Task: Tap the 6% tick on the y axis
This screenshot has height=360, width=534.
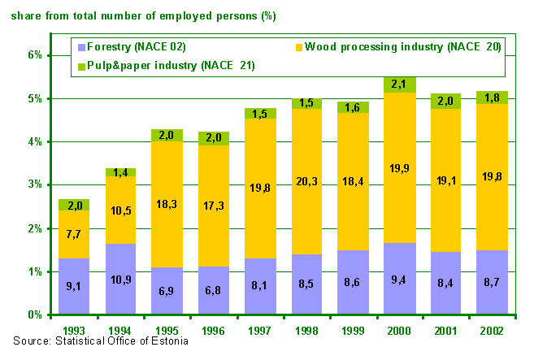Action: click(x=34, y=56)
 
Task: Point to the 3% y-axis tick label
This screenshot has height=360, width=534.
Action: click(x=34, y=185)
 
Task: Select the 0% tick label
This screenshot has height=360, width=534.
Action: click(x=34, y=314)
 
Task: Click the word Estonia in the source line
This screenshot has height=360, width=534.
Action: click(x=167, y=340)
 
